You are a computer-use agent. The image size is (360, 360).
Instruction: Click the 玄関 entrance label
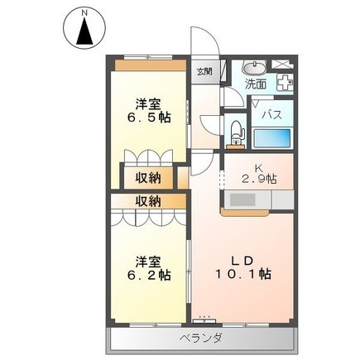(x=204, y=70)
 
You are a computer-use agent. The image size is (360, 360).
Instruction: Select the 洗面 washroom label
(x=255, y=84)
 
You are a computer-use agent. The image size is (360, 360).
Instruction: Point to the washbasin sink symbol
(x=256, y=67)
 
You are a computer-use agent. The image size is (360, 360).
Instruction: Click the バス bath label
(x=273, y=114)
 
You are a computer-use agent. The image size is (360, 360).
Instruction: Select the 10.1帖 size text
(x=243, y=274)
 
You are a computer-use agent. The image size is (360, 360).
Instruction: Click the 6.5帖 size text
(x=149, y=118)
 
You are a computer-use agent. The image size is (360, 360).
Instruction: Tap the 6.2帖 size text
(x=149, y=274)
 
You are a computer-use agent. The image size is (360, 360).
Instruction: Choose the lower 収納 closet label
(x=149, y=201)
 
